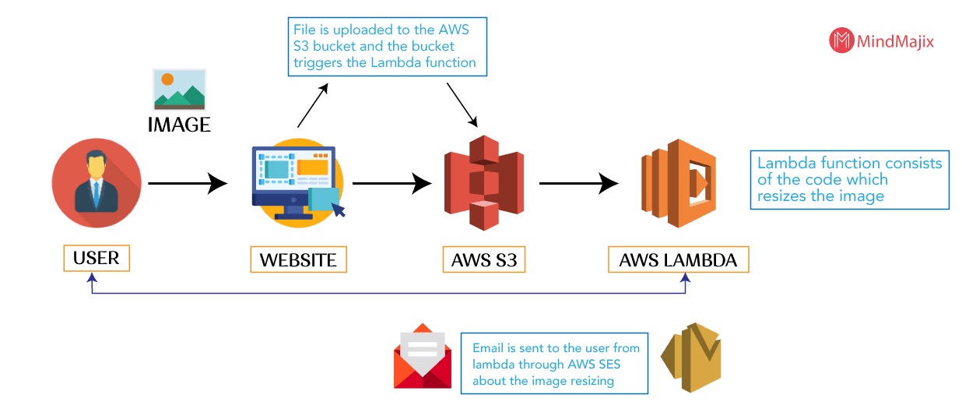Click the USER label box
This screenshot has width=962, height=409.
point(97,258)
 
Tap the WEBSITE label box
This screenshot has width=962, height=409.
point(298,259)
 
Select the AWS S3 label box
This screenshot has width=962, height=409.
point(483,259)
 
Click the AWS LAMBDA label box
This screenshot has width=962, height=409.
point(678,259)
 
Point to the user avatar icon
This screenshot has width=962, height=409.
point(97,182)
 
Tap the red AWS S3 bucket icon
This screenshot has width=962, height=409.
point(483,183)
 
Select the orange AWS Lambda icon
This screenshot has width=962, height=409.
point(678,184)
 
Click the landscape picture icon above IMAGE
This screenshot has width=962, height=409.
point(180,90)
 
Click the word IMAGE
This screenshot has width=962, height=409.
point(180,124)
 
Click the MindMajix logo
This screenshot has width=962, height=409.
point(880,41)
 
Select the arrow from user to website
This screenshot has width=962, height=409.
point(188,184)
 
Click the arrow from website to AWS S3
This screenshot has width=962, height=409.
point(392,184)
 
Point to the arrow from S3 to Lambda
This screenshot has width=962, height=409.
point(579,184)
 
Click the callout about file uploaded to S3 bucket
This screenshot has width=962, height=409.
point(388,47)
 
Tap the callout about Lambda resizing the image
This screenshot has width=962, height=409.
point(849,179)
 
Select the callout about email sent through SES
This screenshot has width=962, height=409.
point(554,363)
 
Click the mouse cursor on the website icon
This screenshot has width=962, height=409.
point(339,209)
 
